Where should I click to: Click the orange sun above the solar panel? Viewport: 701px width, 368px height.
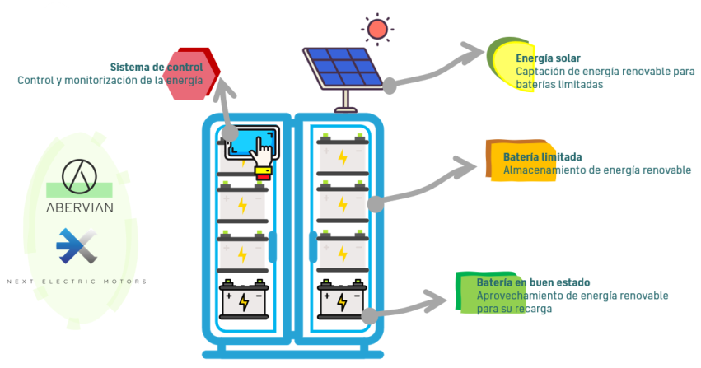[378, 30]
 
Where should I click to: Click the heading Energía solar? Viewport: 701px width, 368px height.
[548, 58]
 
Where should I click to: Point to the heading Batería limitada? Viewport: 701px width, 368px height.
[543, 156]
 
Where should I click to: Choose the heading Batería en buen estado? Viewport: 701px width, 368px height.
[533, 282]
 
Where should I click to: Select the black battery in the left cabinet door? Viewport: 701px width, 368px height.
[243, 300]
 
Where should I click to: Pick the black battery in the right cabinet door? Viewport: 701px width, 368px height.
[342, 300]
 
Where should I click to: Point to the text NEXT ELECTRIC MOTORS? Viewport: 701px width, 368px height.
[77, 282]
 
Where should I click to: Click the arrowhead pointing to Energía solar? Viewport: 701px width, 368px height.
[475, 54]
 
